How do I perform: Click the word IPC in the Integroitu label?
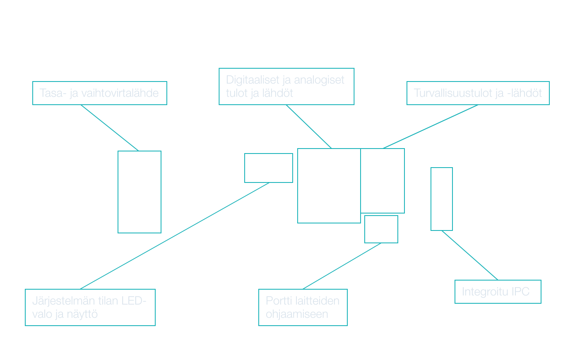[520, 292]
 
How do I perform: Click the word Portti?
[279, 301]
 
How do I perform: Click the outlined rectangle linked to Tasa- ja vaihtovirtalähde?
[140, 192]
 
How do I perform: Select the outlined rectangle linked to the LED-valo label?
[269, 168]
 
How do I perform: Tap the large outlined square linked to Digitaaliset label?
[329, 185]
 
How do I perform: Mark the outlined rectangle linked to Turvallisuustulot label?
[383, 180]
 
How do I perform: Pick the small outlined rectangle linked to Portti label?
[381, 229]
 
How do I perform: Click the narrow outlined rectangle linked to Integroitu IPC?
[442, 199]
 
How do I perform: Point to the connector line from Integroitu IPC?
[470, 255]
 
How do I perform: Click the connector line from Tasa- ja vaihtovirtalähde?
[109, 127]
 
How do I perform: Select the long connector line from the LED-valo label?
[175, 235]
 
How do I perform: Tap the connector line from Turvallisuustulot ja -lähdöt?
[431, 126]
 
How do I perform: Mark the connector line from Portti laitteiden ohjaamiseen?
[342, 266]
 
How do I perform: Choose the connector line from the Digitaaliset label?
[308, 126]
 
